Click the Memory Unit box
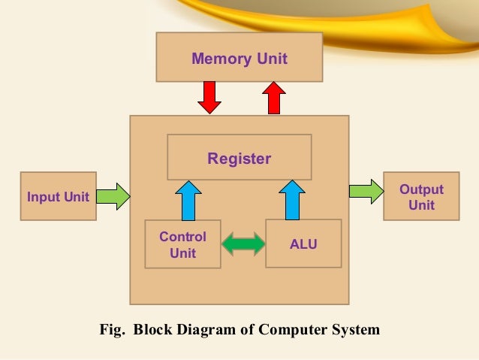coord(239,57)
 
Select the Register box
coord(239,157)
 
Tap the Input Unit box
coord(58,196)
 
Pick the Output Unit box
coord(420,196)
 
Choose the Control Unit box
coord(182,244)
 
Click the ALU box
coord(303,244)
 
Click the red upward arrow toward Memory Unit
coord(274,97)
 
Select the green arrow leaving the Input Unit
coord(113,197)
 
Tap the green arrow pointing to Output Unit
coord(366,191)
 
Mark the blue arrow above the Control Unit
coord(188,199)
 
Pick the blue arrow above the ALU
coord(291,199)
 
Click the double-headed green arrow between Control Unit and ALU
coord(243,244)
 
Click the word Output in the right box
coord(421,189)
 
